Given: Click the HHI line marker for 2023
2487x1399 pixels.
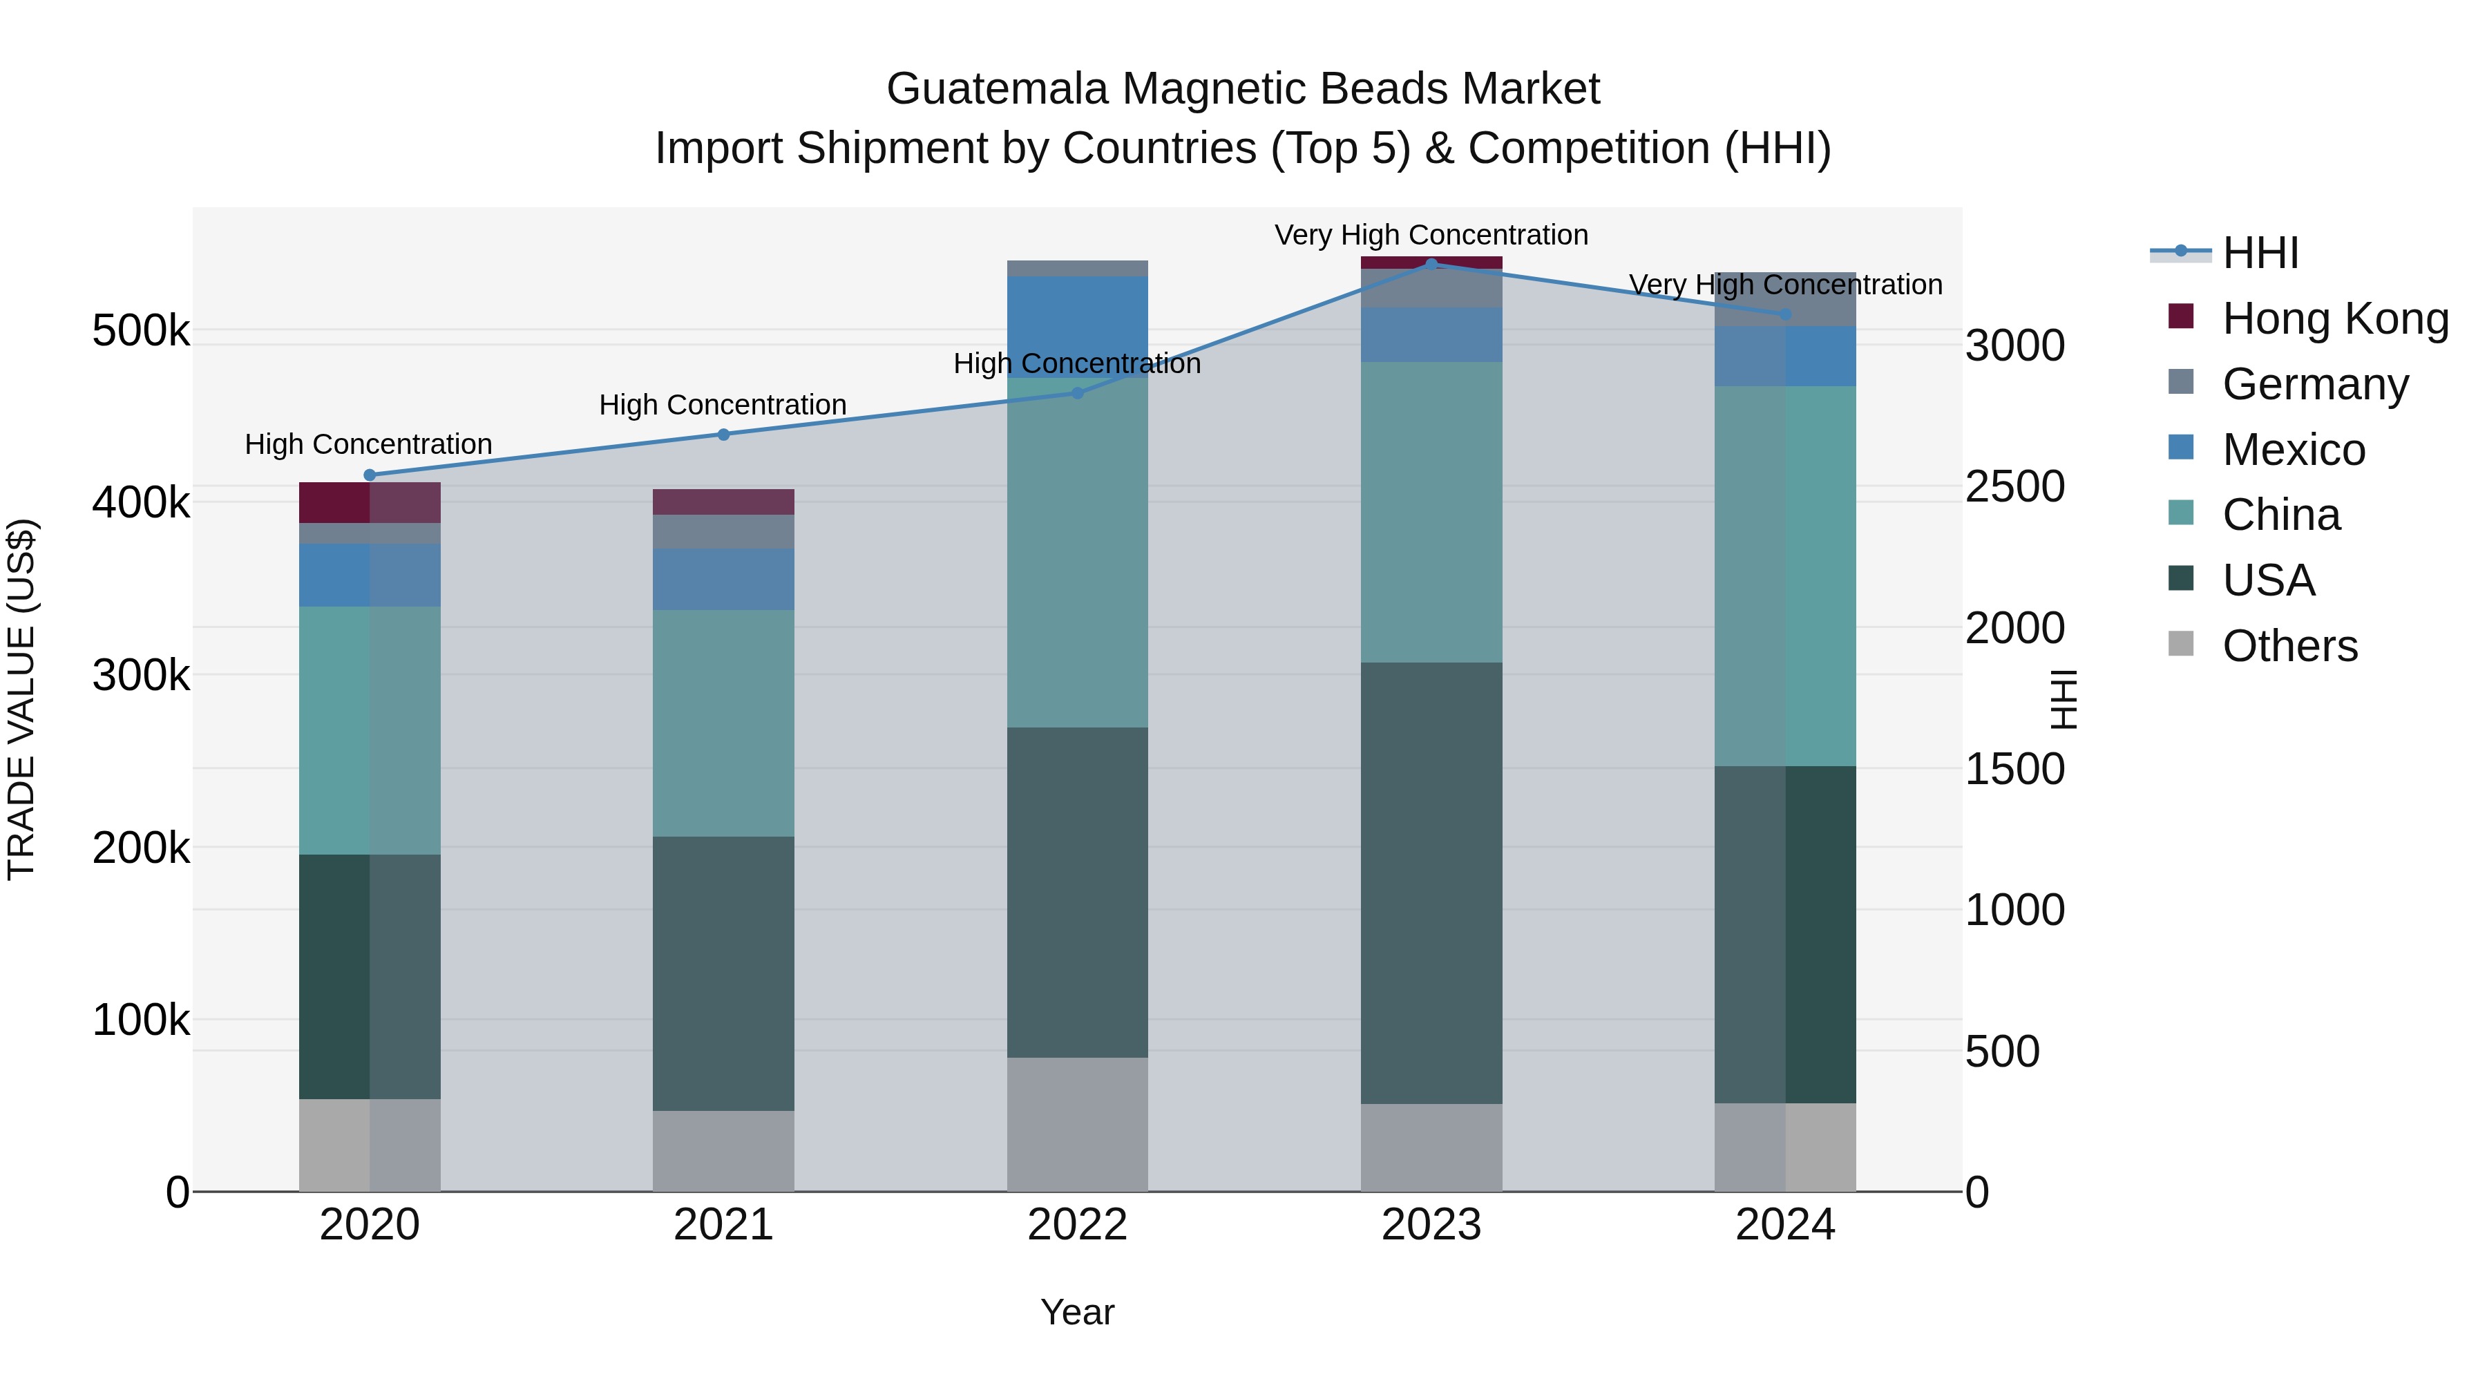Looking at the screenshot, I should coord(1431,264).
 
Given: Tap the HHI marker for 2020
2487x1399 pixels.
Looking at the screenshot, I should coord(369,475).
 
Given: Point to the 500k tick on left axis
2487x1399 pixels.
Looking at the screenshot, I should coord(141,331).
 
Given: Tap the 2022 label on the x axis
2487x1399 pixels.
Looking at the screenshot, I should coord(1078,1225).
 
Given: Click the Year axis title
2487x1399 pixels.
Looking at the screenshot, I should coord(1078,1312).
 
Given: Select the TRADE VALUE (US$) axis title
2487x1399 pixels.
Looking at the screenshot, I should coord(22,699).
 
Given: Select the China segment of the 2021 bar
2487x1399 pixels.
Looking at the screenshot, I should coord(723,723).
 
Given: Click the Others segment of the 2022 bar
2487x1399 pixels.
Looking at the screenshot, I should coord(1078,1124).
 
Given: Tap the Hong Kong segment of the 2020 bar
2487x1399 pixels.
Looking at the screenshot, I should coord(369,502).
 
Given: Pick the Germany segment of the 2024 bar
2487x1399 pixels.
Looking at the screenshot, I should coord(1785,299).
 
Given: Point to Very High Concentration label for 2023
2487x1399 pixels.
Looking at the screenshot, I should coord(1431,235).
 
